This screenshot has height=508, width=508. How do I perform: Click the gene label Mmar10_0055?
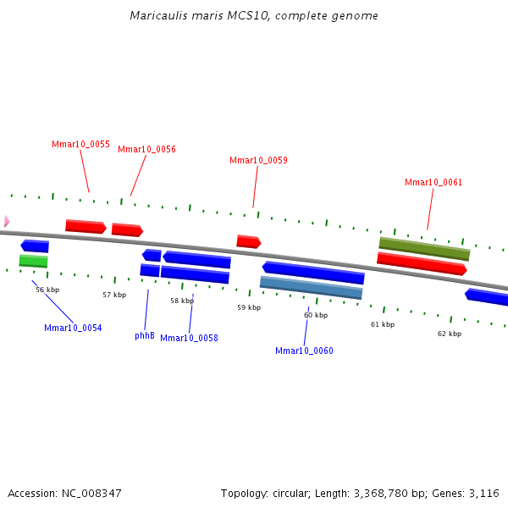click(x=80, y=144)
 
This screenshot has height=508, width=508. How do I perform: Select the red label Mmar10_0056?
click(x=146, y=149)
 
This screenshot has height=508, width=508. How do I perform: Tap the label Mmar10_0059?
click(x=258, y=160)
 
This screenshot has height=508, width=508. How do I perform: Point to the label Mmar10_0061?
click(x=433, y=182)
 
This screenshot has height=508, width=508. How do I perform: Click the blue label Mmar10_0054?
click(x=73, y=328)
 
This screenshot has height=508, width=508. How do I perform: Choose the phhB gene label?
click(x=145, y=335)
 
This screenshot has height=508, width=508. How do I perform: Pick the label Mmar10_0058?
click(x=189, y=338)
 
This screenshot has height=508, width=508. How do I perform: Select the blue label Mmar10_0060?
click(x=304, y=351)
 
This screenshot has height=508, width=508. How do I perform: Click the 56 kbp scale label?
click(x=47, y=290)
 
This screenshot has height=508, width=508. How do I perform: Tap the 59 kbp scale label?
click(x=249, y=307)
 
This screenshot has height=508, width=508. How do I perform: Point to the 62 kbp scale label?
click(x=450, y=334)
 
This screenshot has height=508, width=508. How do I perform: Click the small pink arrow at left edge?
click(x=6, y=221)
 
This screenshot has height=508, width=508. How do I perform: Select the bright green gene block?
click(x=34, y=261)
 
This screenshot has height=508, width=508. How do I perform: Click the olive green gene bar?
click(x=424, y=248)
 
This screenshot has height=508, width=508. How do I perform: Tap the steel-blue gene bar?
click(x=311, y=288)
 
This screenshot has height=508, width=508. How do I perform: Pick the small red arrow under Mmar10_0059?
click(x=248, y=242)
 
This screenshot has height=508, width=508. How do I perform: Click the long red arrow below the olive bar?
click(x=422, y=263)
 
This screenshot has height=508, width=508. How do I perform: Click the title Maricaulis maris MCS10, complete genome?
click(x=254, y=16)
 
